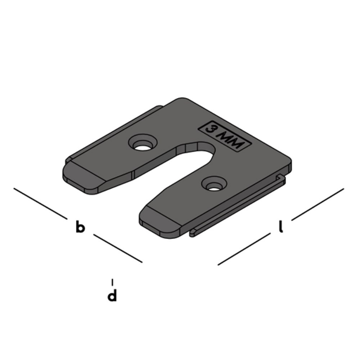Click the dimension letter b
point(79,227)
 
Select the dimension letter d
point(112,296)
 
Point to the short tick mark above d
point(112,281)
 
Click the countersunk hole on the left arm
point(143,145)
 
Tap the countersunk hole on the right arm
point(212,185)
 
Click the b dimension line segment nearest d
point(118,249)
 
